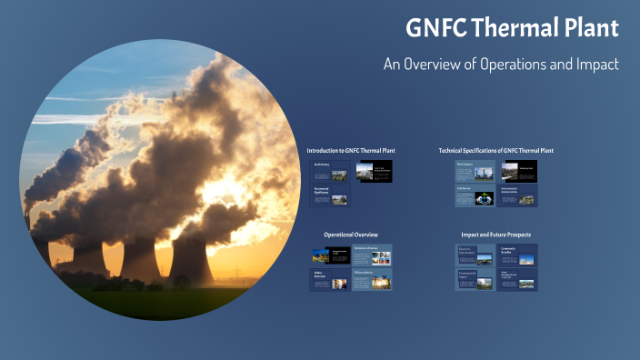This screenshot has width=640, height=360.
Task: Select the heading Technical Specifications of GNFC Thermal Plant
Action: point(495,150)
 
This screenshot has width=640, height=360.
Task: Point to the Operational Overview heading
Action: point(351,235)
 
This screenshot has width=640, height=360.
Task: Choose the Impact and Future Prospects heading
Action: point(495,235)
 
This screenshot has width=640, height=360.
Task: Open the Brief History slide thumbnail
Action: point(329,171)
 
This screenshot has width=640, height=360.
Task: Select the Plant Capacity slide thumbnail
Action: point(475,171)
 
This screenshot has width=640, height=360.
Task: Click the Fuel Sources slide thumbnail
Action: point(475,195)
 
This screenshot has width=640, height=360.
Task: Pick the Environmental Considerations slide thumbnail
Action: point(517,195)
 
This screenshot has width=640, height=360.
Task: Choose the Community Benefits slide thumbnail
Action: point(517,255)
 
